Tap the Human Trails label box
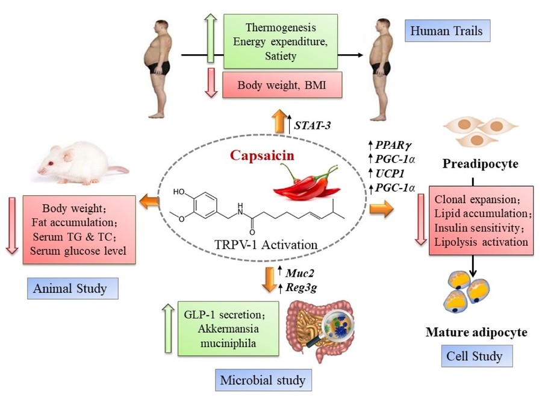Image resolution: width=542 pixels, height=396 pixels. [x=449, y=30]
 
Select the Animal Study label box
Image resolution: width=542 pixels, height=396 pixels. [x=72, y=288]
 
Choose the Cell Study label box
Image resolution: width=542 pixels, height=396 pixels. [x=474, y=356]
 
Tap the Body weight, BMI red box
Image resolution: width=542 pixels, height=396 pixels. [x=282, y=85]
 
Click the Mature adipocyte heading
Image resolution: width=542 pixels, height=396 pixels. [x=477, y=332]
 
